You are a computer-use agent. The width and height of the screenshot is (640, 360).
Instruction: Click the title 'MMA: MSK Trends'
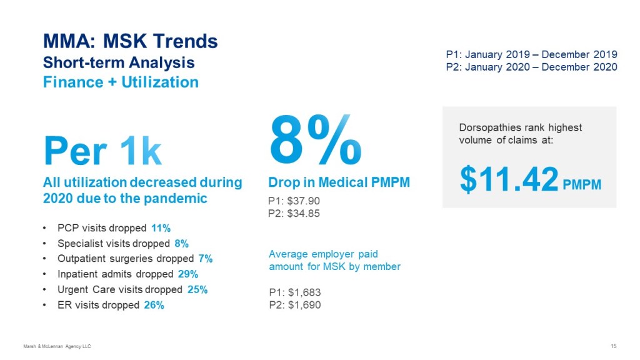pyautogui.click(x=130, y=42)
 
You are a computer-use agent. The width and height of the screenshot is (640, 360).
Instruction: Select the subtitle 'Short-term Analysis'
pyautogui.click(x=118, y=62)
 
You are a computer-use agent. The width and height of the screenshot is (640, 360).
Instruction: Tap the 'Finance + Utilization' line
pyautogui.click(x=121, y=82)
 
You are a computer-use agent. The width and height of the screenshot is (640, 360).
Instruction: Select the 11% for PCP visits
pyautogui.click(x=161, y=228)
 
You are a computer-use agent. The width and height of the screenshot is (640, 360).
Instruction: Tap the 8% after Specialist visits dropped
pyautogui.click(x=182, y=244)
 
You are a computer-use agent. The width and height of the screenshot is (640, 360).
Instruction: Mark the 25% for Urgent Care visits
pyautogui.click(x=196, y=289)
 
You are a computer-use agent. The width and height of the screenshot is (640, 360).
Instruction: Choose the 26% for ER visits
pyautogui.click(x=153, y=305)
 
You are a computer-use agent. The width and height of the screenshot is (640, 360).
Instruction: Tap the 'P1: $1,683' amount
pyautogui.click(x=295, y=292)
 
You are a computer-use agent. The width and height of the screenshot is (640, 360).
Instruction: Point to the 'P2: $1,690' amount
pyautogui.click(x=295, y=305)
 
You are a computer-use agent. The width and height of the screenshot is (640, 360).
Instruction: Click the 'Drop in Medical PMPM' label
pyautogui.click(x=339, y=182)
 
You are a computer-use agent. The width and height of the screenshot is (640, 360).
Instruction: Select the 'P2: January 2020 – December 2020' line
pyautogui.click(x=531, y=67)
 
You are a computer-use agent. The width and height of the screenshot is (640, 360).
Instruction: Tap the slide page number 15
pyautogui.click(x=613, y=346)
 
